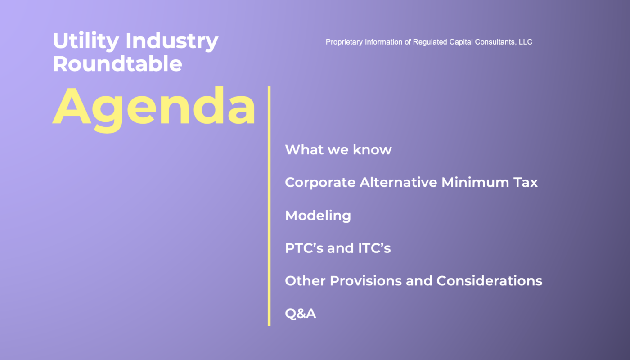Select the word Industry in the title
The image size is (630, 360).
pos(172,41)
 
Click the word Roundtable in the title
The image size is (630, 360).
pos(117,63)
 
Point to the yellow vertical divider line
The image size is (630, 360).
pos(269,206)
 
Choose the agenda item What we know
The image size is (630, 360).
pos(338,149)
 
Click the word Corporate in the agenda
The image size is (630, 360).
pos(320,183)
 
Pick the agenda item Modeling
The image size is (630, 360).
pos(318,216)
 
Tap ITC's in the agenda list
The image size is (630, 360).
pos(374,248)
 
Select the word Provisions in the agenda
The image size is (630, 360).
pos(365,281)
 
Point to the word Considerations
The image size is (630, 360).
pos(489,281)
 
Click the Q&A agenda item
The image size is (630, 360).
pos(301,314)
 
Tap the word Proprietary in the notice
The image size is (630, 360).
pos(344,42)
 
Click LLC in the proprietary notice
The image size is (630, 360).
pos(526,42)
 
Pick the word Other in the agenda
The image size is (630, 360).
pos(306,281)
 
